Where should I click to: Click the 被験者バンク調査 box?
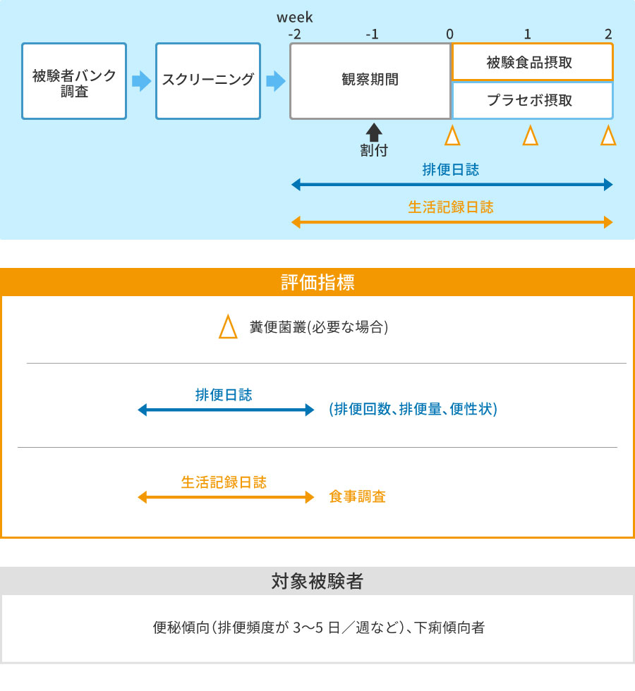pyautogui.click(x=74, y=81)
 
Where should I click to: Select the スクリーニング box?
pyautogui.click(x=208, y=81)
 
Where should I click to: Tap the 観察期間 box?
pyautogui.click(x=370, y=81)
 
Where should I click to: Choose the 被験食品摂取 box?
pyautogui.click(x=532, y=62)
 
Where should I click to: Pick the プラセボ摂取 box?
pyautogui.click(x=532, y=100)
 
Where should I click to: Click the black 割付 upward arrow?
pyautogui.click(x=374, y=133)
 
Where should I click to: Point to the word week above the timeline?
pyautogui.click(x=295, y=18)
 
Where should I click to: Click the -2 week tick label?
pyautogui.click(x=295, y=34)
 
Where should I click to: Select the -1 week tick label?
pyautogui.click(x=373, y=34)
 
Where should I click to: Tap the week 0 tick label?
pyautogui.click(x=450, y=34)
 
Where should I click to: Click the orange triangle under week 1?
pyautogui.click(x=530, y=135)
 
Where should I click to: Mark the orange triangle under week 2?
pyautogui.click(x=608, y=135)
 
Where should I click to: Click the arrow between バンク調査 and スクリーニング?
pyautogui.click(x=141, y=81)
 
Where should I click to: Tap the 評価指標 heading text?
pyautogui.click(x=317, y=282)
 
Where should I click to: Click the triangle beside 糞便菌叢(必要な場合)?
pyautogui.click(x=228, y=326)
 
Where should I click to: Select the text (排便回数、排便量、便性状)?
pyautogui.click(x=413, y=409)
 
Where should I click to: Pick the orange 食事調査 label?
pyautogui.click(x=357, y=496)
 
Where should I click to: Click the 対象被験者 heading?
pyautogui.click(x=317, y=581)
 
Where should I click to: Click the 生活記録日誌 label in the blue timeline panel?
pyautogui.click(x=451, y=207)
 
